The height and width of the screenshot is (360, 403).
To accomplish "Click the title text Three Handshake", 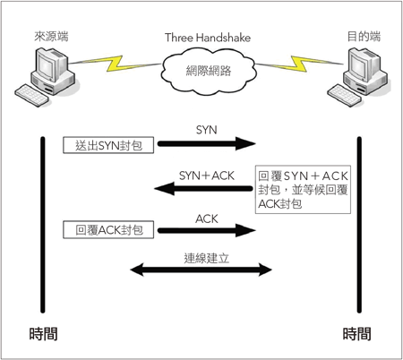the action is click(208, 38).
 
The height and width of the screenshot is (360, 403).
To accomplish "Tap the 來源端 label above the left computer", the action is click(51, 36).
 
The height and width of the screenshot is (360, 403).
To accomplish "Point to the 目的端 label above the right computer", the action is click(364, 36).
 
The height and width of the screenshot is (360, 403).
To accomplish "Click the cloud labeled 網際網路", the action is click(209, 71).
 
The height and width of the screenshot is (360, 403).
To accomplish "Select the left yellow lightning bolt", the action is click(115, 64).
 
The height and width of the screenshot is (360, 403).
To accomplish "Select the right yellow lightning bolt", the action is click(299, 64).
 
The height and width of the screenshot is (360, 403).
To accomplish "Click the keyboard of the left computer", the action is click(31, 95).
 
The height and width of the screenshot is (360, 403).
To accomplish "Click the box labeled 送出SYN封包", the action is click(108, 145).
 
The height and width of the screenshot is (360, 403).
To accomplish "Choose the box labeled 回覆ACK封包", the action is click(108, 229).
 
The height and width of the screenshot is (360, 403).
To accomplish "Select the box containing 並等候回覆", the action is click(303, 190).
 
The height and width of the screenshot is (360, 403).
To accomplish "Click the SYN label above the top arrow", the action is click(207, 130).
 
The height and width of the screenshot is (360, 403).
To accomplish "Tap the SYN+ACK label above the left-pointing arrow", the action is click(207, 176).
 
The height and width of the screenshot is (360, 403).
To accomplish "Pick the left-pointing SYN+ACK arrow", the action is click(203, 188).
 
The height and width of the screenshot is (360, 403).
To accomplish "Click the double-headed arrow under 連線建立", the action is click(201, 270).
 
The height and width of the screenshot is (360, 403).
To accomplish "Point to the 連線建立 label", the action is click(207, 258).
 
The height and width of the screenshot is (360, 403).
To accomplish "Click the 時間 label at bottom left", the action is click(44, 334).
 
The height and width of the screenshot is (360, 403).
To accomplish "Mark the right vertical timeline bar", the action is click(359, 225).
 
